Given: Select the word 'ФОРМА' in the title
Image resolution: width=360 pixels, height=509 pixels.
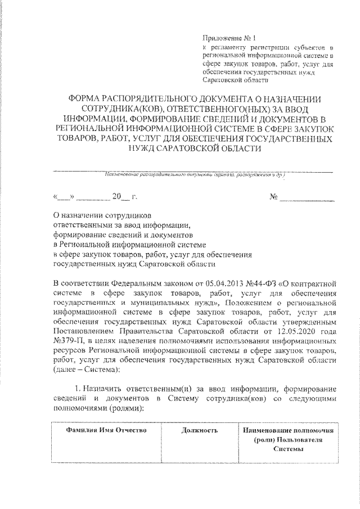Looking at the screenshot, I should click(x=85, y=98).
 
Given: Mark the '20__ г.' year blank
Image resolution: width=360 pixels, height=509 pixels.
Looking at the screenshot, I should click(x=121, y=198).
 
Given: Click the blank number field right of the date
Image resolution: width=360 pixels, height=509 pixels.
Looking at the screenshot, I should click(x=309, y=198).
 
